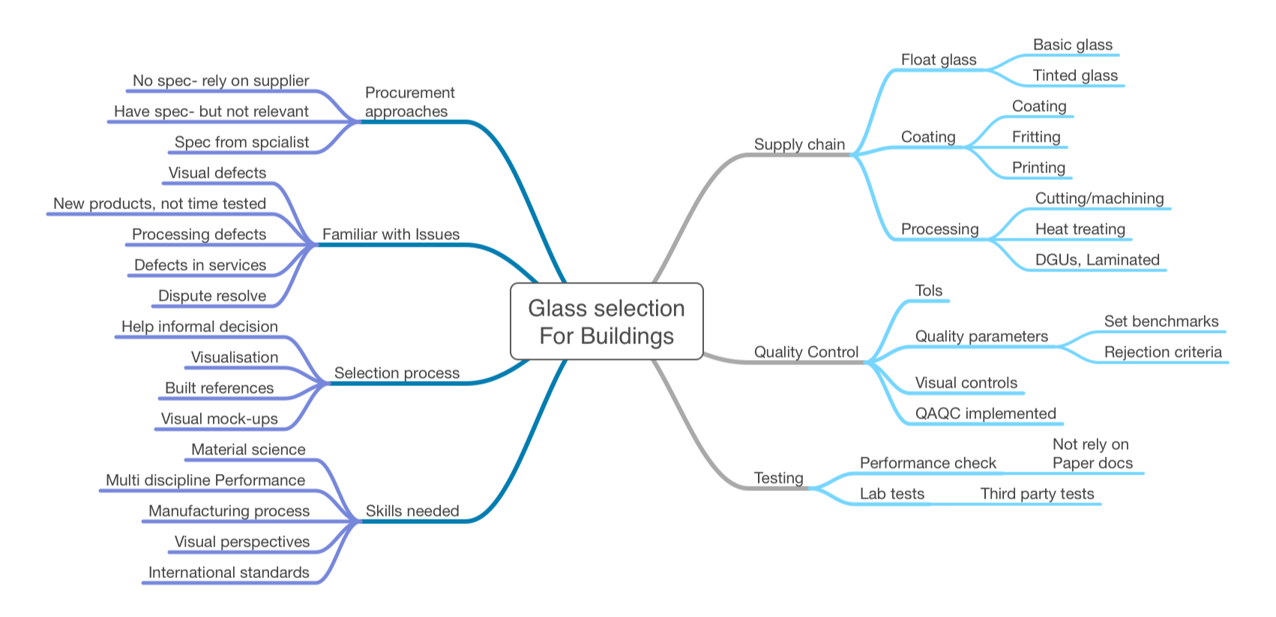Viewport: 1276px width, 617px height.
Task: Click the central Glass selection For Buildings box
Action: point(607,322)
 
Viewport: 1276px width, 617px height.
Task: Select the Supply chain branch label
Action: point(799,144)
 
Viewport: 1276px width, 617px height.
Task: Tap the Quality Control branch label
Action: point(806,352)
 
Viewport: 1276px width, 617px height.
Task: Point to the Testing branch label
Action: point(778,478)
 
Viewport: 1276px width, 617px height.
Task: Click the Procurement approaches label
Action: point(409,102)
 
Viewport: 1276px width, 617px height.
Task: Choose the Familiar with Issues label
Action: point(391,234)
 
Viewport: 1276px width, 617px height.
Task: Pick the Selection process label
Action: point(397,373)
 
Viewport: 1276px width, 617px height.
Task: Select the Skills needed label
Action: point(412,511)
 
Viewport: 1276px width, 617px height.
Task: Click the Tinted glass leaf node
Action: point(1075,75)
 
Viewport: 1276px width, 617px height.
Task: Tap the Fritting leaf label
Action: point(1036,136)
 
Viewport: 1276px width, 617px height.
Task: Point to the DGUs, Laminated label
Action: point(1097,259)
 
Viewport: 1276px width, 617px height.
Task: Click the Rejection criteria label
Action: point(1163,352)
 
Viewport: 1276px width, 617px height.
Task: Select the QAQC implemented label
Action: point(985,413)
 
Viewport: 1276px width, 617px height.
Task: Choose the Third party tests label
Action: point(1037,493)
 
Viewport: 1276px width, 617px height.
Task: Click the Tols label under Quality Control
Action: point(928,290)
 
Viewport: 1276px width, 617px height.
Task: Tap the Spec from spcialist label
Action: point(241,142)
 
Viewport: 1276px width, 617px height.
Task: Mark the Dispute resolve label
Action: point(212,295)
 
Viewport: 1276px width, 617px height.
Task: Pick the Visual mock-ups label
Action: point(219,418)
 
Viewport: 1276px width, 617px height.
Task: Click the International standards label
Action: point(229,572)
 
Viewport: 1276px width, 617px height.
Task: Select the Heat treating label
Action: point(1080,229)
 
